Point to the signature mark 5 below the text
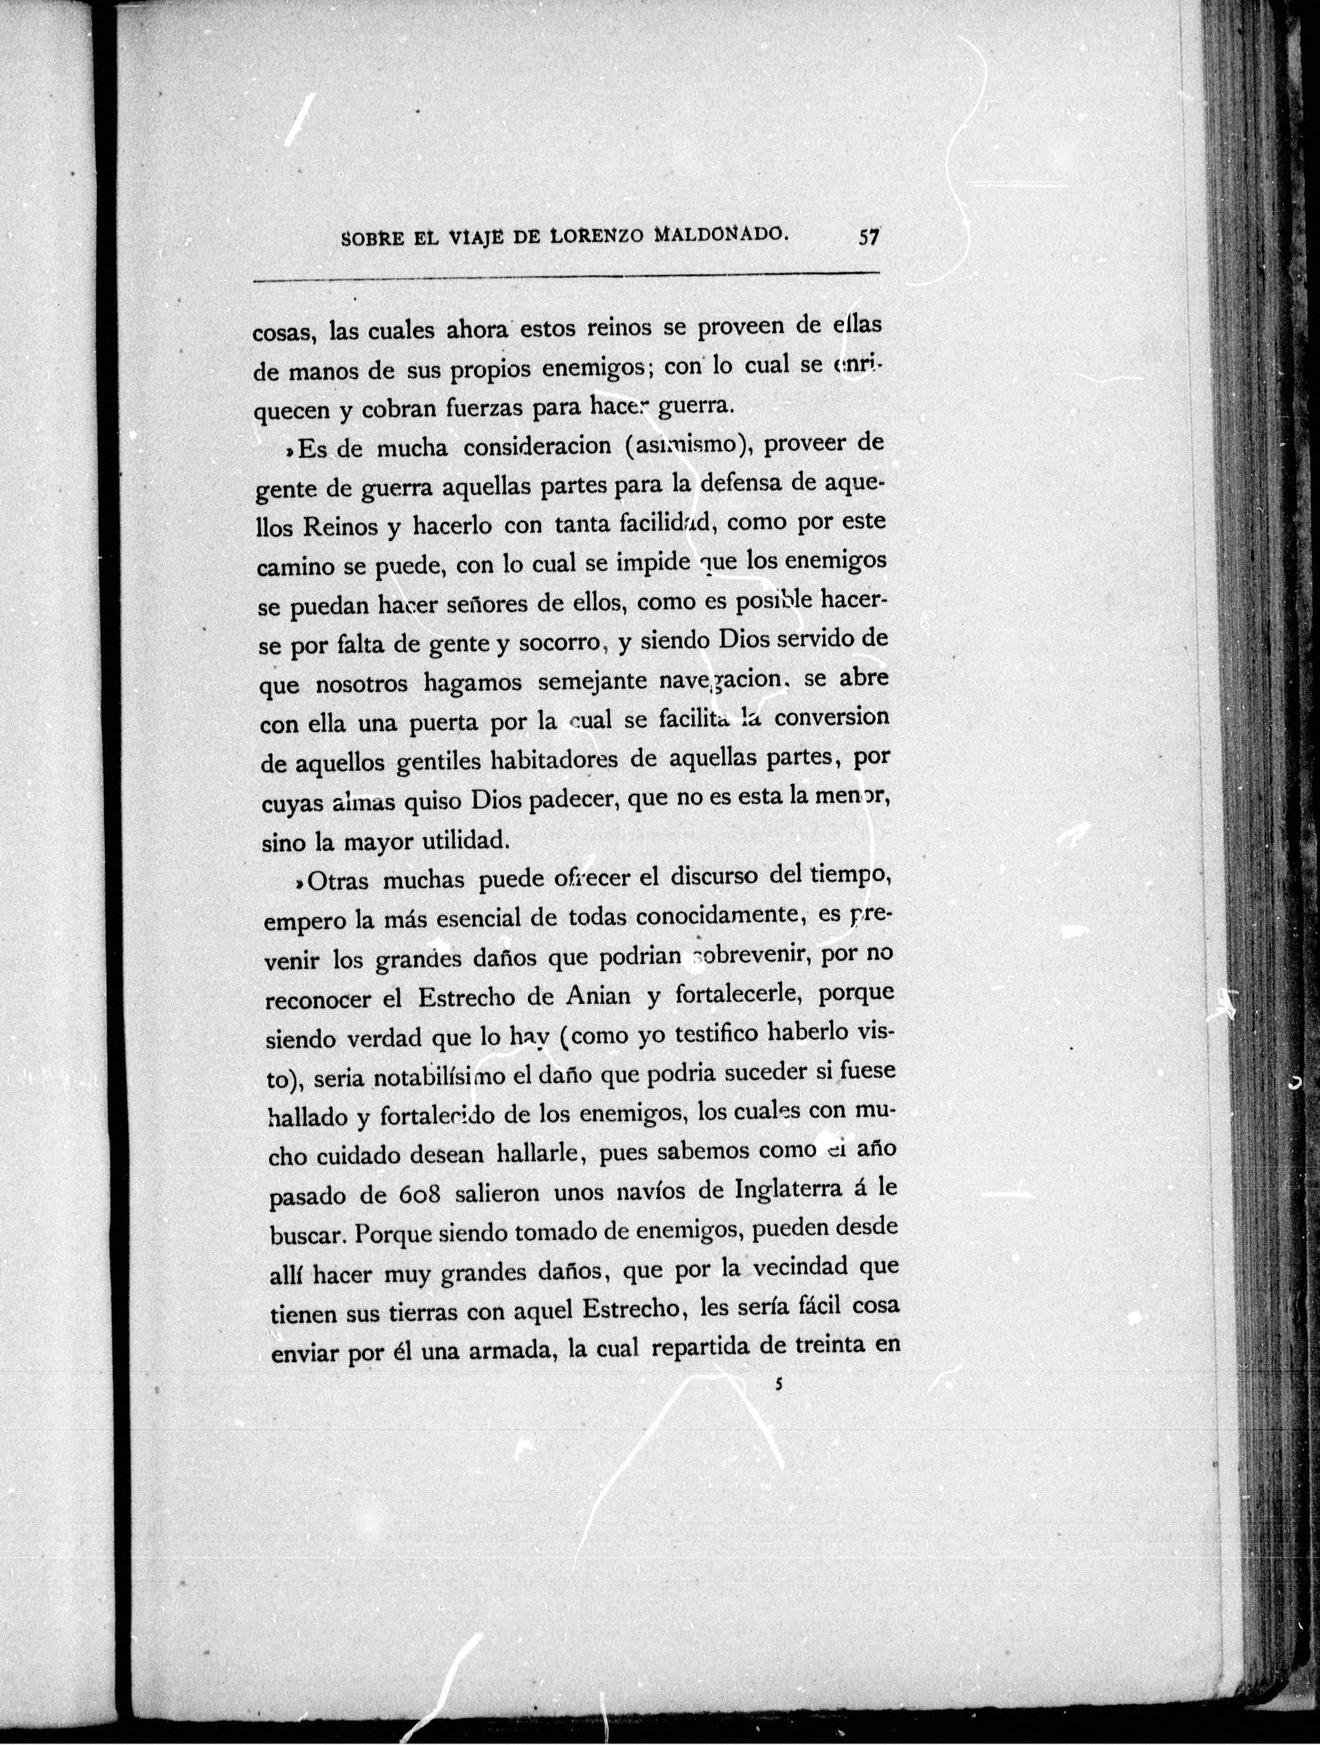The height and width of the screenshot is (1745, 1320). click(x=777, y=1383)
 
